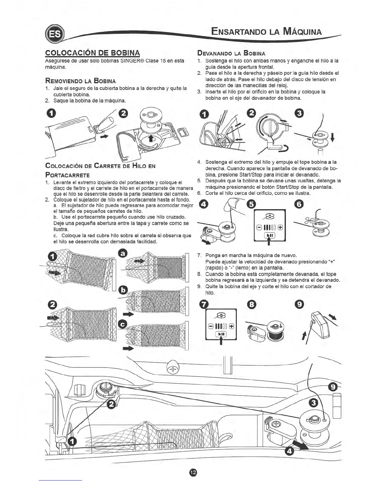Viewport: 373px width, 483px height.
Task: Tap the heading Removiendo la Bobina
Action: coord(80,81)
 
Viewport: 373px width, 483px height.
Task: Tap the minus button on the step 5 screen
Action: coord(259,227)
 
